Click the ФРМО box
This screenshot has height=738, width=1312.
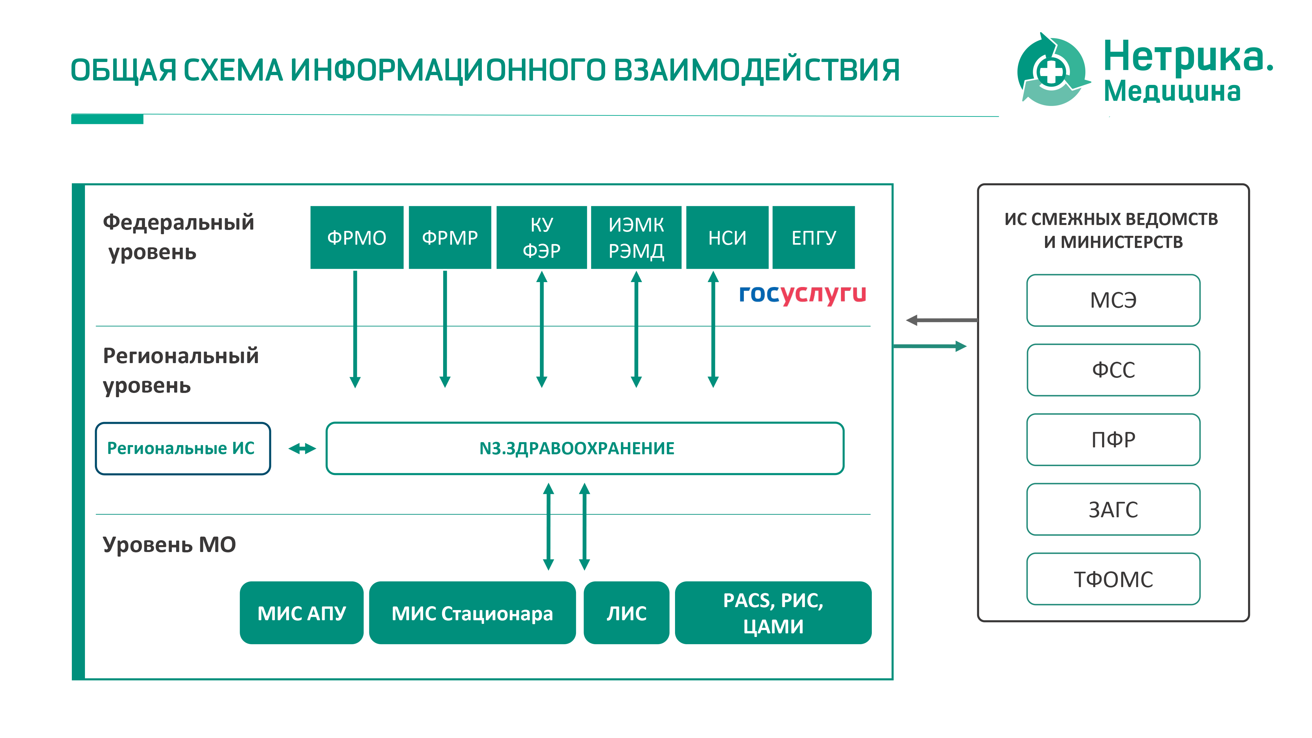(357, 237)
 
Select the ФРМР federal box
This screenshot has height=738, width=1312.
(450, 237)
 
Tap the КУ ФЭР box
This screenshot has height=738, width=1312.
(542, 237)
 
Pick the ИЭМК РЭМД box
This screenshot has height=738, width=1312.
(636, 237)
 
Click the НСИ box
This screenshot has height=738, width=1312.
(727, 237)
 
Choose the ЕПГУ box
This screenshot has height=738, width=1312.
(813, 237)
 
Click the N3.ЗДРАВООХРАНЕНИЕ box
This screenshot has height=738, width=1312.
(585, 448)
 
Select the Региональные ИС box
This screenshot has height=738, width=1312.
(183, 448)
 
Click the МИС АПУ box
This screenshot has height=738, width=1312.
(301, 613)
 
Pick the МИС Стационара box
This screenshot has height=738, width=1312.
(472, 613)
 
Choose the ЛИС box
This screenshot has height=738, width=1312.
(626, 613)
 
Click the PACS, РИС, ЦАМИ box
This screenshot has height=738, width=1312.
(773, 613)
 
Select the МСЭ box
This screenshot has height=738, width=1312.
(1113, 300)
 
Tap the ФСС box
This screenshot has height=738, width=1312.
(1113, 370)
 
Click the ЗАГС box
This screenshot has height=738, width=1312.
(1113, 509)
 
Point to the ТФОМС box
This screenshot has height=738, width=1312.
(1113, 579)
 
